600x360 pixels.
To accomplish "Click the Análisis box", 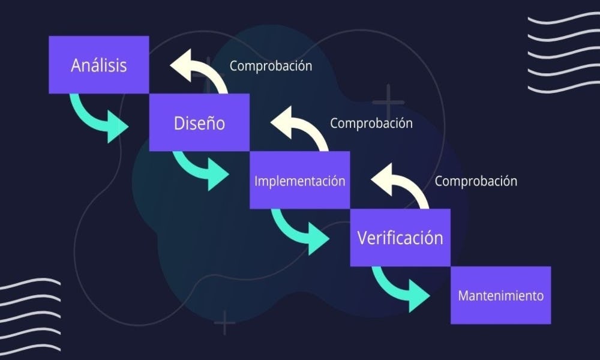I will (x=98, y=65).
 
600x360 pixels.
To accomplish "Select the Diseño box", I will (x=199, y=122).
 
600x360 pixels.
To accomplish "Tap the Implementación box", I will (x=299, y=180).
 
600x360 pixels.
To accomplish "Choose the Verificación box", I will (x=400, y=238).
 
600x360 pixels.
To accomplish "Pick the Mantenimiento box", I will (x=500, y=295).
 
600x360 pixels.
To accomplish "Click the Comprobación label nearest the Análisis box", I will (x=271, y=65).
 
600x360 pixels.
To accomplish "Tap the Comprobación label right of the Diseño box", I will (x=371, y=123).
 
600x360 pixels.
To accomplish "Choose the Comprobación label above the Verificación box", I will (x=476, y=181).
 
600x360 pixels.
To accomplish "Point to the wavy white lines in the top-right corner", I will (x=563, y=54).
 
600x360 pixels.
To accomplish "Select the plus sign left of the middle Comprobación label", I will (x=388, y=101).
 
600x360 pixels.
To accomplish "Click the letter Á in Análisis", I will (x=77, y=64).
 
